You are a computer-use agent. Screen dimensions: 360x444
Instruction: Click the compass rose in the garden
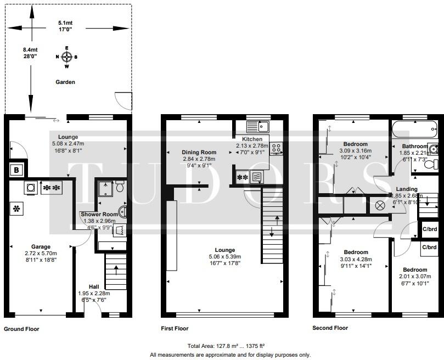66,57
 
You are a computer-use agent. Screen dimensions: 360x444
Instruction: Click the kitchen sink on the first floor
257,126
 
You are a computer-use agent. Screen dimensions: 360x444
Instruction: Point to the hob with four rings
276,148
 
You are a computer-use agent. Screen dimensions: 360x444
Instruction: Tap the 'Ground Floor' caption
21,329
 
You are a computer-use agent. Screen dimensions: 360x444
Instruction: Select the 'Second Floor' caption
330,328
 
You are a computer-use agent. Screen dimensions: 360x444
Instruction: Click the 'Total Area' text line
226,346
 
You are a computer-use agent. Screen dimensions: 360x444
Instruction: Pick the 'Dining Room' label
199,152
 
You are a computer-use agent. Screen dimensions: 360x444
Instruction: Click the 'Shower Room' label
99,214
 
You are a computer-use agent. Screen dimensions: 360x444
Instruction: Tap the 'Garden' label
65,82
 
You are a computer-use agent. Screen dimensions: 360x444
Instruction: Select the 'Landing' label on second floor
407,189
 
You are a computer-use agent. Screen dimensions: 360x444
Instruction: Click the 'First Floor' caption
175,329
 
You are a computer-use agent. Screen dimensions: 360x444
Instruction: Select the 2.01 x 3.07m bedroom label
414,270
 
